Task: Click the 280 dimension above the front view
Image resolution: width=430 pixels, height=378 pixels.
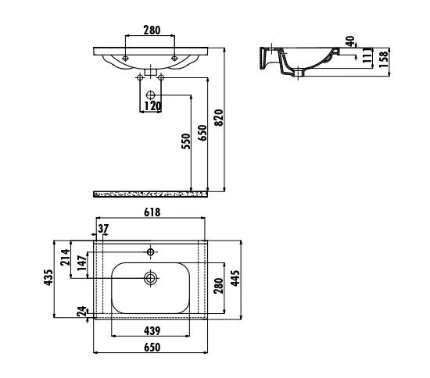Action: point(151,30)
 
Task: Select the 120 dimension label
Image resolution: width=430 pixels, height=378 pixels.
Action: point(152,105)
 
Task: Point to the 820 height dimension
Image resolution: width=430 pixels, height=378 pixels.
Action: point(220,117)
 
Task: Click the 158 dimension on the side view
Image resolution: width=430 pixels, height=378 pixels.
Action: point(383,58)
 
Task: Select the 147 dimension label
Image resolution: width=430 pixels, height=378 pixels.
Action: point(81,265)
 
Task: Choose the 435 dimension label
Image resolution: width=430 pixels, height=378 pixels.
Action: point(48,278)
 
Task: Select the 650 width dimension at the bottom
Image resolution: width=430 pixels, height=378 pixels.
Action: point(152,348)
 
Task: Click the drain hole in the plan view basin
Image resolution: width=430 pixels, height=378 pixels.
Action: point(151,276)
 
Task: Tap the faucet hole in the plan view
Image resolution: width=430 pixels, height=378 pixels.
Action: point(151,251)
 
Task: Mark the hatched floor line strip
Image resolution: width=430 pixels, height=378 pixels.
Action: point(150,193)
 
